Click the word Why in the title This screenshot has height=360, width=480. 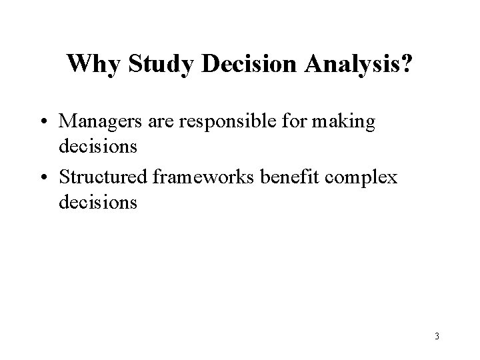[93, 65]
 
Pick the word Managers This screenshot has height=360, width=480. [99, 122]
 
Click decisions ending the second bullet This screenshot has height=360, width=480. [98, 202]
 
